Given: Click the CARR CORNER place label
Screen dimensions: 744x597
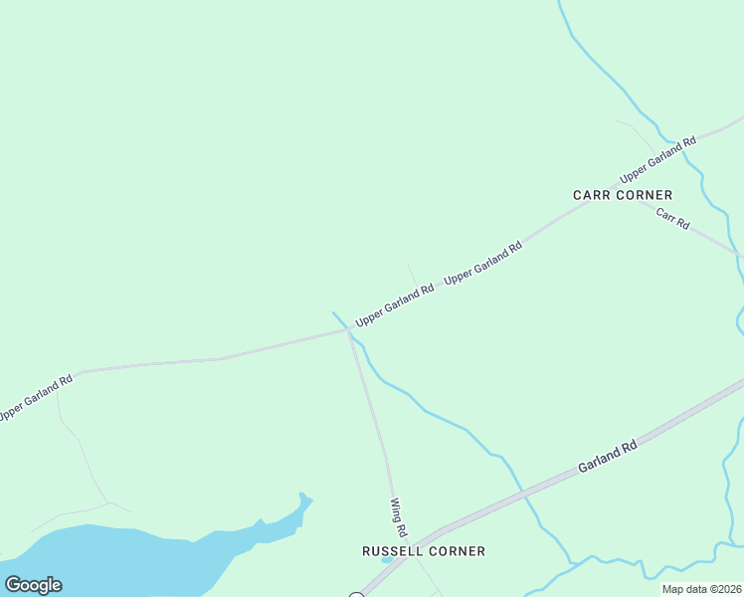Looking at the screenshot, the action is coord(623,195).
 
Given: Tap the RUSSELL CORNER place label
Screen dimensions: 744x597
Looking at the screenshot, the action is coord(424,550).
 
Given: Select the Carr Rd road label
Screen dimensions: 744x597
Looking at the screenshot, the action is coord(672,220).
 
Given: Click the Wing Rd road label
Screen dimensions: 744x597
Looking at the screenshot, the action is coord(400,518).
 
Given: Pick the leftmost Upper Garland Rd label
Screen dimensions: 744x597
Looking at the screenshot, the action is coord(35,396).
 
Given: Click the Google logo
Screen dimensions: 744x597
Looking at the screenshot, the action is coord(33,585).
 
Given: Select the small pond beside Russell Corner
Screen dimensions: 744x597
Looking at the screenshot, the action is coord(386,559).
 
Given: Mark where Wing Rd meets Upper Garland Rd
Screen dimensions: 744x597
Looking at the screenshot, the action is coord(348,329).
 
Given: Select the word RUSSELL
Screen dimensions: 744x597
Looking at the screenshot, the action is coord(392,550).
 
